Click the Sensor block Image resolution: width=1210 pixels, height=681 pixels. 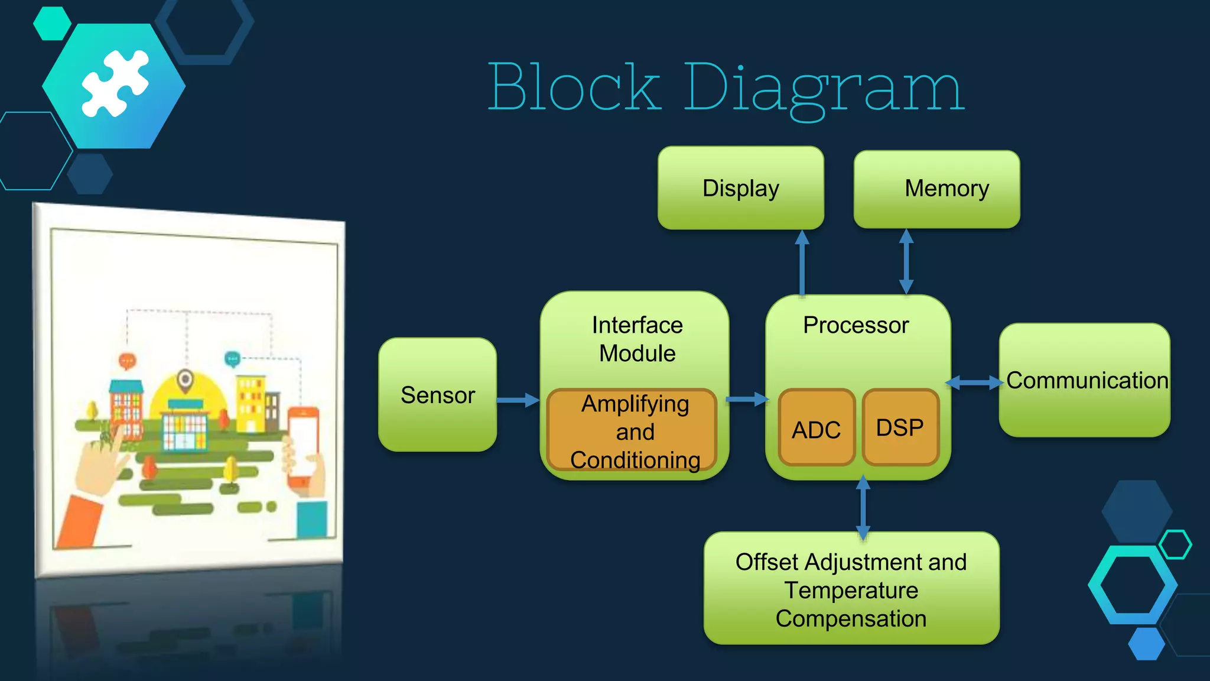(437, 395)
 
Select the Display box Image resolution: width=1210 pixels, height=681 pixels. (740, 188)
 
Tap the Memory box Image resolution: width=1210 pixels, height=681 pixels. (936, 189)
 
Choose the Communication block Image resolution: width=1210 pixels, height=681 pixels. (1084, 380)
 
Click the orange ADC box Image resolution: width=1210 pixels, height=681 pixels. (816, 429)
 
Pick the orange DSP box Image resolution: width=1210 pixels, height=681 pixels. (900, 427)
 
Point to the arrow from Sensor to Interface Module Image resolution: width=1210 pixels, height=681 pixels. (517, 400)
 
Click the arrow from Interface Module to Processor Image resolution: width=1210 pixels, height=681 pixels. (747, 400)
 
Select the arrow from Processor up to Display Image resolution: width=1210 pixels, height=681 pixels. (802, 262)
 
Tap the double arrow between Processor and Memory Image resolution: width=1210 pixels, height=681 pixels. (906, 261)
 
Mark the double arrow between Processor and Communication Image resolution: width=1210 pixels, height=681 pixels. (974, 383)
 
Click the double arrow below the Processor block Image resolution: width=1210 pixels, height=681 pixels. (863, 507)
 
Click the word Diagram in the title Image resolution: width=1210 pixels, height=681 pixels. (824, 89)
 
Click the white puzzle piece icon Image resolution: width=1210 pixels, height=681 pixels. (115, 83)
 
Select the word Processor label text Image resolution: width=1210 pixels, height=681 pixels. (856, 325)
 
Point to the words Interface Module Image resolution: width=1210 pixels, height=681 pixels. (637, 339)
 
